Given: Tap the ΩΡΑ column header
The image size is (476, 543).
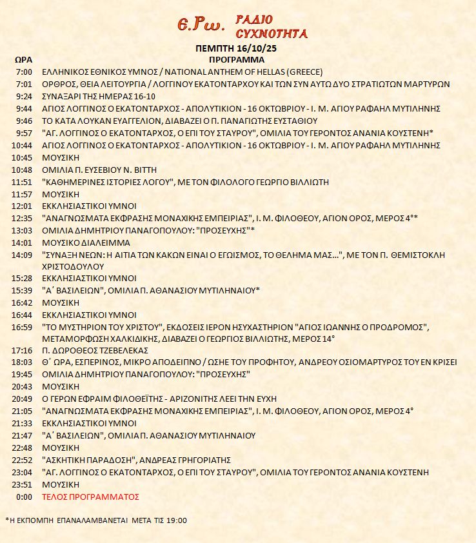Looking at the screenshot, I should pyautogui.click(x=23, y=59).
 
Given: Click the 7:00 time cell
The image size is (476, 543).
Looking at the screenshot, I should pyautogui.click(x=23, y=72).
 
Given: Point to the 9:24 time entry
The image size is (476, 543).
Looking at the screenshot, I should pyautogui.click(x=23, y=96).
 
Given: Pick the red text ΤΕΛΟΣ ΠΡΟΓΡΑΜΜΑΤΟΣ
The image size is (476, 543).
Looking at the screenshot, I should pyautogui.click(x=90, y=497).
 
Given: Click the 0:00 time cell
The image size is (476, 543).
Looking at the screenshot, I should pyautogui.click(x=23, y=497).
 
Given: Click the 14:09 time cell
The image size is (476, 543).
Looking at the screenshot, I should pyautogui.click(x=22, y=255).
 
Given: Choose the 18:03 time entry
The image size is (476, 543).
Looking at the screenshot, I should pyautogui.click(x=22, y=362).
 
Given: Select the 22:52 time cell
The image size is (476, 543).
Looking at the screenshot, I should pyautogui.click(x=22, y=460).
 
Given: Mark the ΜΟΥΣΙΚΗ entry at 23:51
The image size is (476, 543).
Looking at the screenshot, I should pyautogui.click(x=60, y=485).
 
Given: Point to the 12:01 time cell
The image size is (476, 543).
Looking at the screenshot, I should pyautogui.click(x=22, y=206).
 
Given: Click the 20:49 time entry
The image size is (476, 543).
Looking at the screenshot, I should pyautogui.click(x=22, y=399).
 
